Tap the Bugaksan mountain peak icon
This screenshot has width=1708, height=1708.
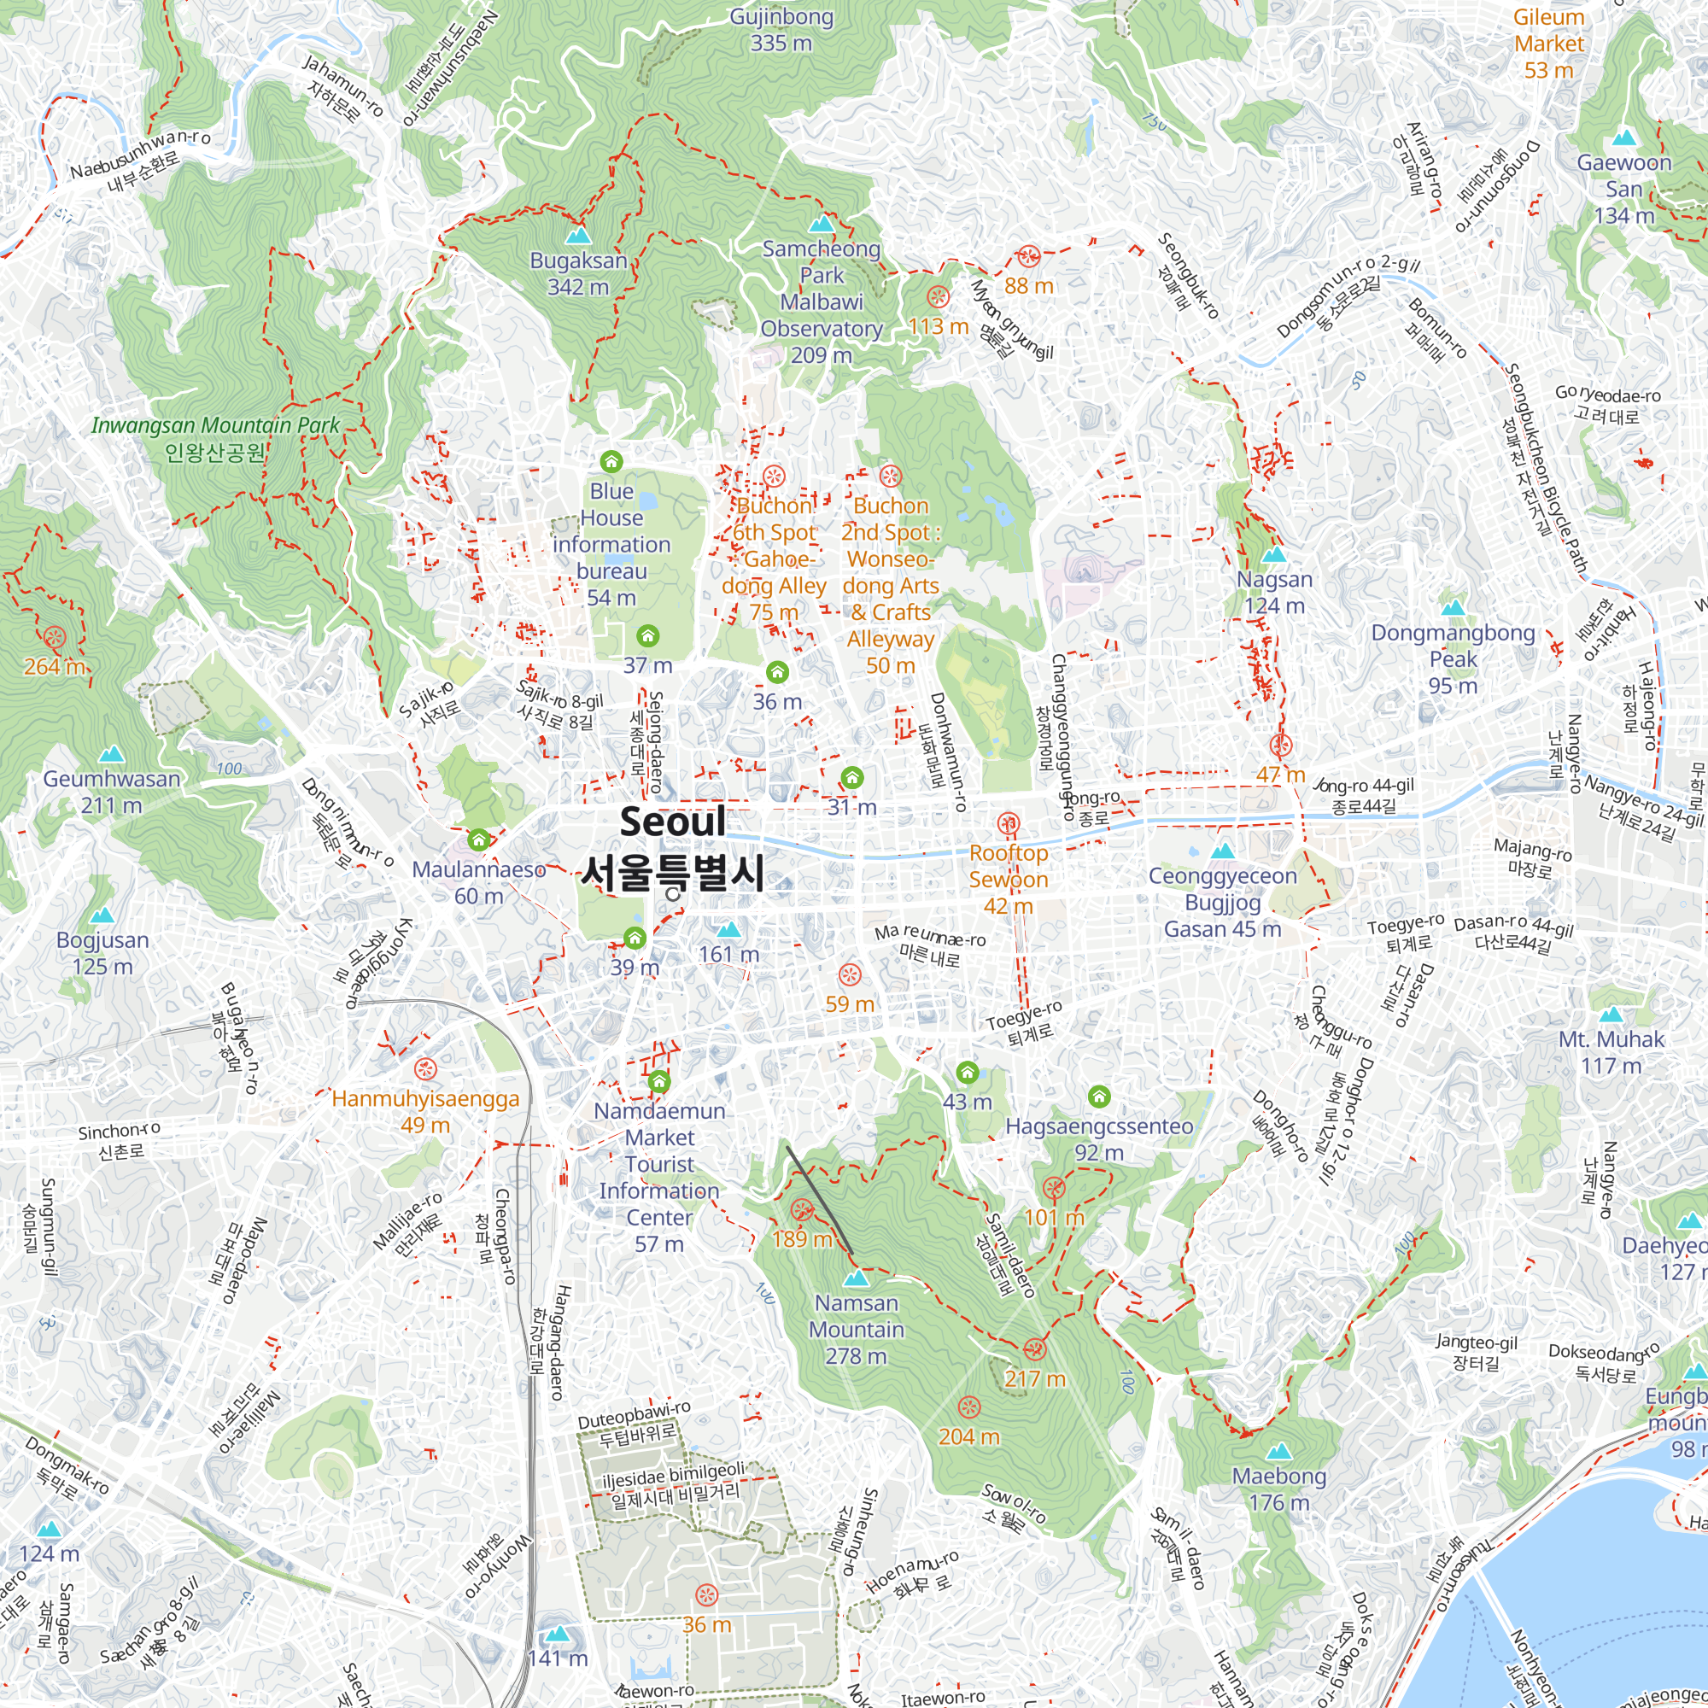tap(578, 236)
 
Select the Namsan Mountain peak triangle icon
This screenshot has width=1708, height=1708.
tap(856, 1278)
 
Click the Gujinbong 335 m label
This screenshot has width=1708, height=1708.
tap(781, 30)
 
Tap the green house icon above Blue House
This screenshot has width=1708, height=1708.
tap(611, 461)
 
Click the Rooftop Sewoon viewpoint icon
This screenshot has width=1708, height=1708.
tap(1008, 824)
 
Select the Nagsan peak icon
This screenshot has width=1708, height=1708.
tap(1273, 555)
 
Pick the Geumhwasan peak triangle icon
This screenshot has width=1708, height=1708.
tap(110, 754)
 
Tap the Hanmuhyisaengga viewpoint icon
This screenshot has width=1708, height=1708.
tap(425, 1069)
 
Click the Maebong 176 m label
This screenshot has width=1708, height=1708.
tap(1279, 1489)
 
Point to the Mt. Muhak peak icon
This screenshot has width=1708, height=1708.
tap(1611, 1015)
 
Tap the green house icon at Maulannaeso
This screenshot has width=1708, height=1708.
tap(478, 838)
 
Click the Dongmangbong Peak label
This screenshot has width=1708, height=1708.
tap(1453, 658)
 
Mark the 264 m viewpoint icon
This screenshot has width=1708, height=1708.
tap(55, 636)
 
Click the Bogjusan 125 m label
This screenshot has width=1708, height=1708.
tap(102, 953)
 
